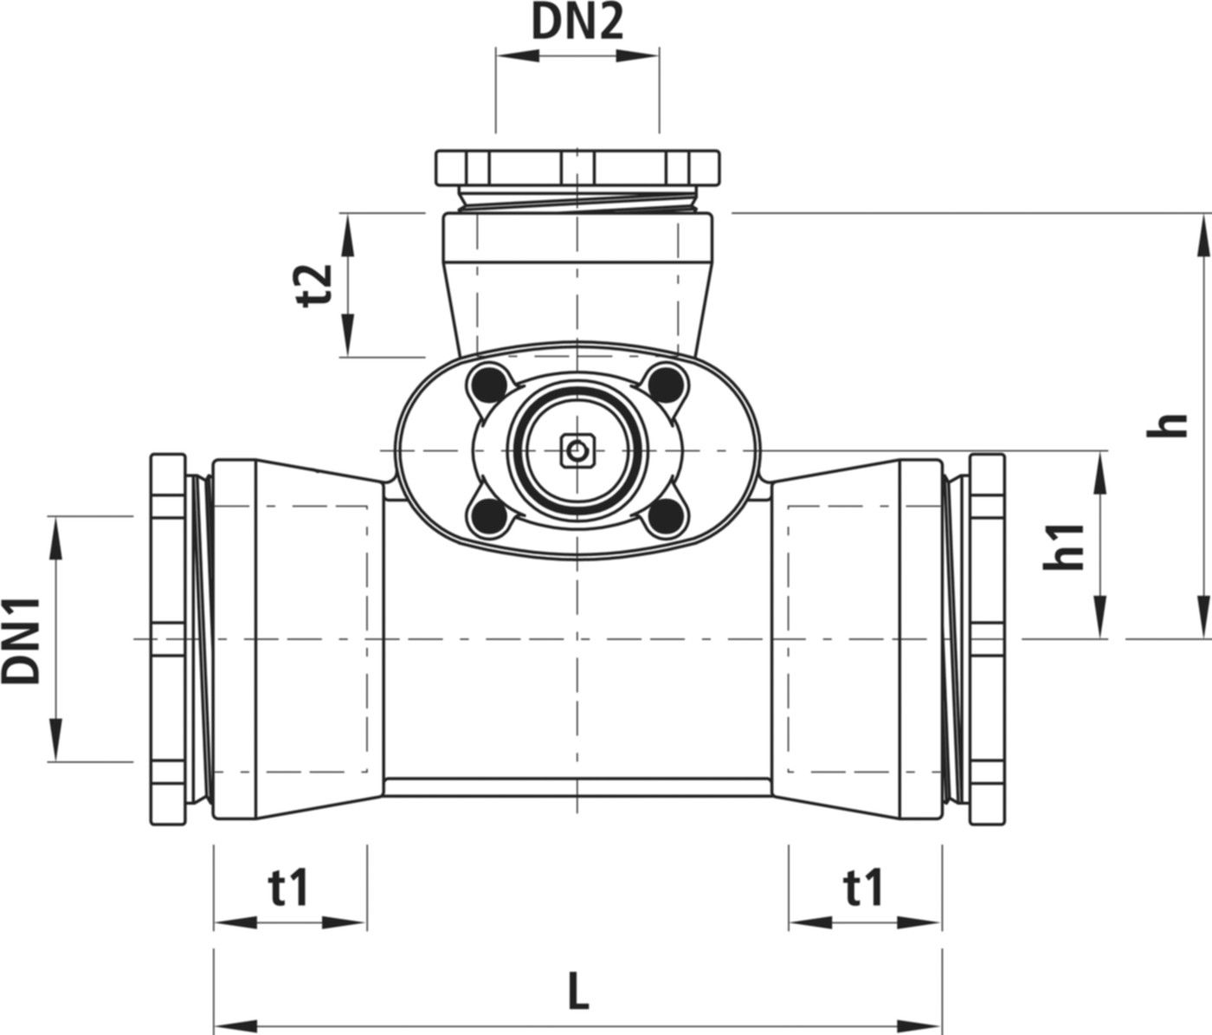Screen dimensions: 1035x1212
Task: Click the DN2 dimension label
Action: [x=577, y=23]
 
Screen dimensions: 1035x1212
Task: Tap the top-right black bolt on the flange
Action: [x=664, y=381]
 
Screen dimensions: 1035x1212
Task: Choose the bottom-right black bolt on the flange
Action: [x=664, y=518]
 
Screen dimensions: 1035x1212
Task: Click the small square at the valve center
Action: [x=576, y=450]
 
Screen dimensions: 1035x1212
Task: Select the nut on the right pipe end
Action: [x=987, y=638]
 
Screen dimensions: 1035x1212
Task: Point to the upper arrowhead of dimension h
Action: [x=1203, y=234]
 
